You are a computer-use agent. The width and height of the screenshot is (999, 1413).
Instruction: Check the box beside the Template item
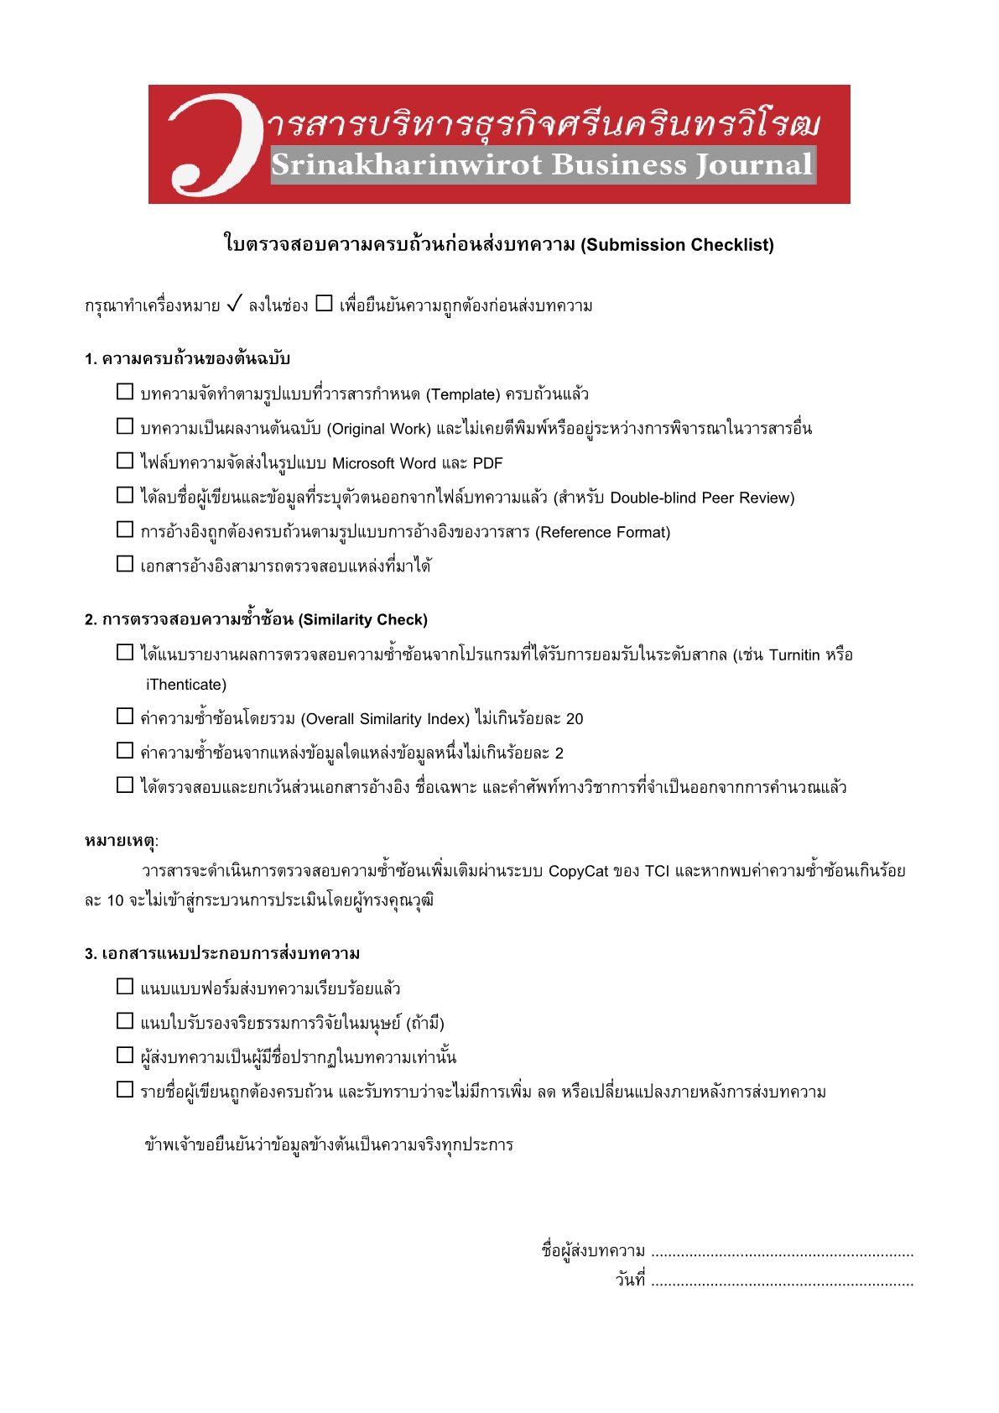tap(125, 392)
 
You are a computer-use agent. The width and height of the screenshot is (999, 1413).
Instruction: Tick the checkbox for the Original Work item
tap(125, 426)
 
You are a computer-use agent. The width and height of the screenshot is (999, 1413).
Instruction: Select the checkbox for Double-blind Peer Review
tap(125, 495)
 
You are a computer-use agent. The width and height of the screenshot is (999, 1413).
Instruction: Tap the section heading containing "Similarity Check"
tap(256, 619)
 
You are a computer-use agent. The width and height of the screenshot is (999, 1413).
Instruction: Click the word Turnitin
tap(793, 654)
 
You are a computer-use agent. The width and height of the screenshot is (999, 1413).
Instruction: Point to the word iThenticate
tap(186, 685)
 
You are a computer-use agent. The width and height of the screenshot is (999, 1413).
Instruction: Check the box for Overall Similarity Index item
tap(125, 717)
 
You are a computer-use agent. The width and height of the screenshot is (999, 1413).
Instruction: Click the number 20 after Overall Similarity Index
tap(574, 719)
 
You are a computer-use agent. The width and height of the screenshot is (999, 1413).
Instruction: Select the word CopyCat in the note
tap(578, 871)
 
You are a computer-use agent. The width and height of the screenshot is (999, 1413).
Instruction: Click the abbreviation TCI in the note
tap(657, 871)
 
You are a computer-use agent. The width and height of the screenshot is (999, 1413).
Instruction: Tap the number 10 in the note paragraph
tap(116, 901)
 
